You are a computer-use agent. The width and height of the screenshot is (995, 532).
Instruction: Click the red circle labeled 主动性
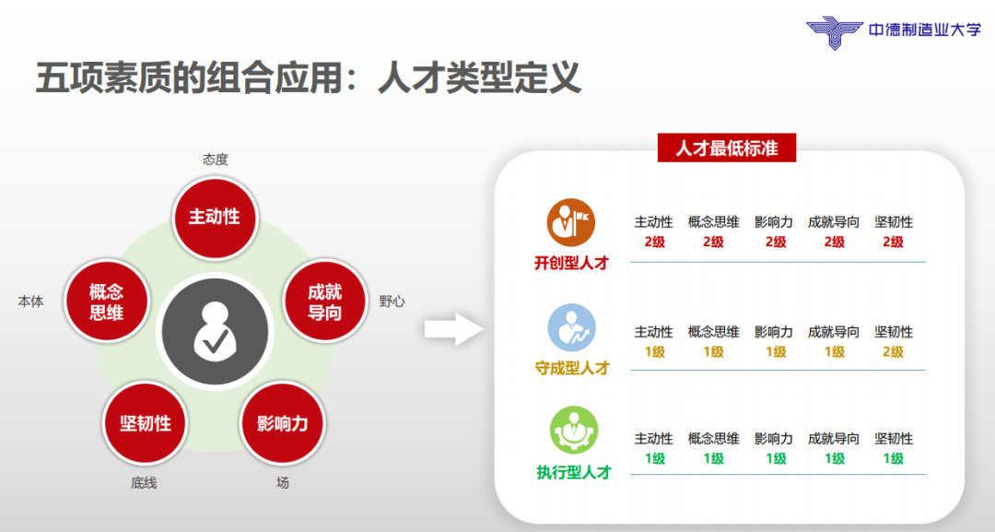click(215, 217)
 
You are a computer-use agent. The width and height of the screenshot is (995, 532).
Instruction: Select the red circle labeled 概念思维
click(106, 301)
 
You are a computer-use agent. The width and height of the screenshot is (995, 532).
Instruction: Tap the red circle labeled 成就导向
click(324, 301)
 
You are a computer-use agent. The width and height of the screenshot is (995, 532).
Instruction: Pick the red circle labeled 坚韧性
click(146, 423)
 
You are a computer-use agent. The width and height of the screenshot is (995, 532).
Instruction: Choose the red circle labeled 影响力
click(282, 423)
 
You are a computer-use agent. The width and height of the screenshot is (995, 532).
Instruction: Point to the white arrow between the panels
click(453, 327)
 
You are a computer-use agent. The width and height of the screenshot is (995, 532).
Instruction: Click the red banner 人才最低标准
click(726, 148)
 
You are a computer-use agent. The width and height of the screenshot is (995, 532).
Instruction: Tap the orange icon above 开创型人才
click(572, 221)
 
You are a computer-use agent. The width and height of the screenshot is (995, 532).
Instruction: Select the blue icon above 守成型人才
click(572, 328)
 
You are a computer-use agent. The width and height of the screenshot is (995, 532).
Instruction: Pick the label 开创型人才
click(572, 263)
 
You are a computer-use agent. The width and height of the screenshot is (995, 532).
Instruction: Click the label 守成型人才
click(572, 368)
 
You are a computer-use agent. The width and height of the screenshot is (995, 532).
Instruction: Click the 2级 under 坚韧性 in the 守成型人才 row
click(893, 351)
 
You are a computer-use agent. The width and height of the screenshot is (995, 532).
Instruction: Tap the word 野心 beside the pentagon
click(392, 301)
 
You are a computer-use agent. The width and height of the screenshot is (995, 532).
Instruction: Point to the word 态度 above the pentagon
click(215, 160)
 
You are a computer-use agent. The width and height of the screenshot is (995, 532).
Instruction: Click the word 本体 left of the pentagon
click(30, 301)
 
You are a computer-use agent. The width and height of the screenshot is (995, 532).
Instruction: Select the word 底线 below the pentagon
click(144, 482)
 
